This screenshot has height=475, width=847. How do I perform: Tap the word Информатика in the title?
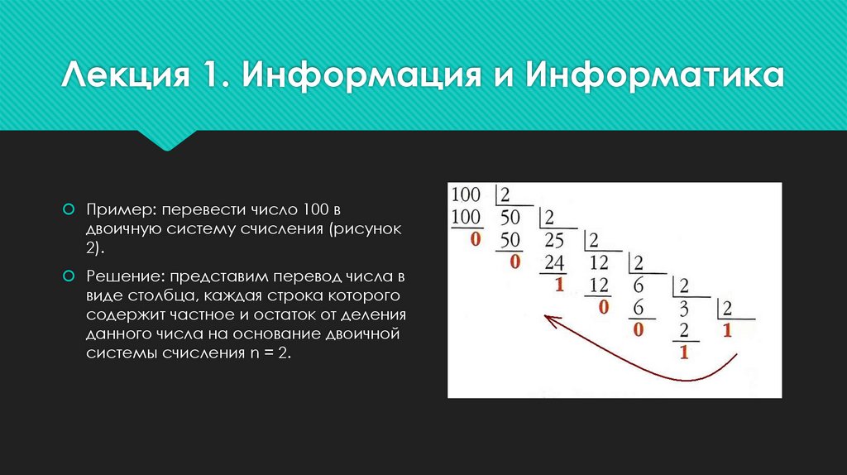pos(653,79)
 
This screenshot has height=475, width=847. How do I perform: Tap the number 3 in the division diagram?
pos(684,309)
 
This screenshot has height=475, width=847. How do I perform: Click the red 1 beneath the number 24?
pos(558,285)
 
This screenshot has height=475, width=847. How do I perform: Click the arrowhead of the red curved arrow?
pos(547,318)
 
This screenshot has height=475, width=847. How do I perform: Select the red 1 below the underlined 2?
pos(684,354)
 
